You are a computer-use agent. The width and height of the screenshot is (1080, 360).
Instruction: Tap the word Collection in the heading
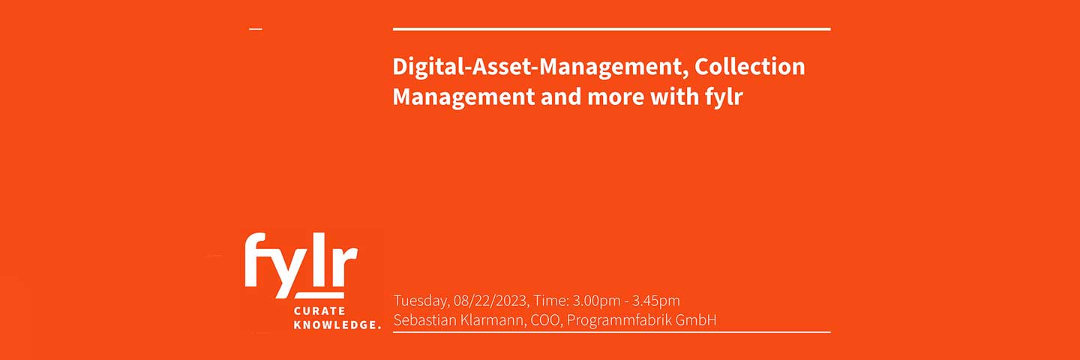pos(750,67)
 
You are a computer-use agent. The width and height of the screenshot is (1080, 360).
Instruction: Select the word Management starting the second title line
pos(463,97)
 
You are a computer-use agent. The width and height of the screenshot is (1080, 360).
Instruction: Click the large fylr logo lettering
pos(301,265)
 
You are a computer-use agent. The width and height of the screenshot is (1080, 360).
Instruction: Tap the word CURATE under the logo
pos(319,310)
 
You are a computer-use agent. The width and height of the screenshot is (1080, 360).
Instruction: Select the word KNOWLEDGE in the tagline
pos(334,325)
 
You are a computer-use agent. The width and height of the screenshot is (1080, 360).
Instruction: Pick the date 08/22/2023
pos(490,301)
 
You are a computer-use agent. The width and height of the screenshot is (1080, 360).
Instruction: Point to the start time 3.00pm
pos(596,301)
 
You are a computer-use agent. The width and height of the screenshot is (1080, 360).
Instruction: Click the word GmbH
pos(696,320)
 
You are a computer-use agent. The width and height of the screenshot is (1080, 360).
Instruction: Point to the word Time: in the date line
pos(551,301)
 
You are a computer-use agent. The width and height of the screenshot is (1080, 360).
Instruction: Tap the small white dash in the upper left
pos(256,29)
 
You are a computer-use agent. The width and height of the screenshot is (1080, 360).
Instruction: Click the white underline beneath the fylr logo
pos(319,295)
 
